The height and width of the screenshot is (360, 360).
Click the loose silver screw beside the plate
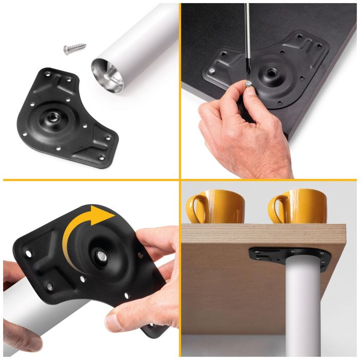click(75, 50)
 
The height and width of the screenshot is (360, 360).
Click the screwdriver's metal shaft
click(247, 36)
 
